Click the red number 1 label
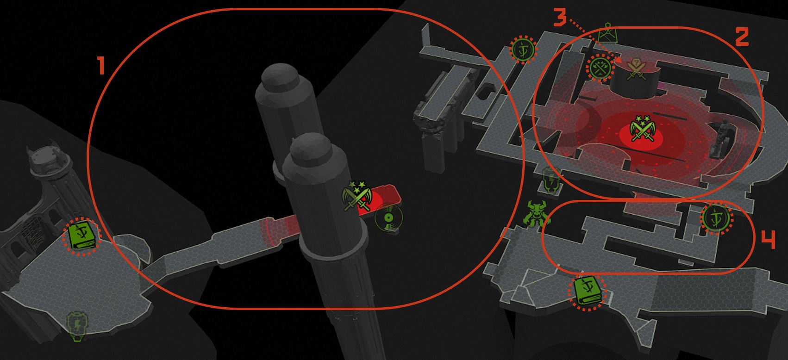pyautogui.click(x=101, y=65)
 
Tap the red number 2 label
pyautogui.click(x=742, y=37)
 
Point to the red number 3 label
pyautogui.click(x=560, y=18)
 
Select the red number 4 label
pyautogui.click(x=768, y=240)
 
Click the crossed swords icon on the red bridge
pyautogui.click(x=357, y=195)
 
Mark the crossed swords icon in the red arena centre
pyautogui.click(x=643, y=128)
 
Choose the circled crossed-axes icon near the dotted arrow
pyautogui.click(x=600, y=68)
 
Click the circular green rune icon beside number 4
pyautogui.click(x=717, y=219)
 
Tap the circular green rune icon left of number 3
pyautogui.click(x=524, y=50)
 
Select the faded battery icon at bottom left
pyautogui.click(x=77, y=326)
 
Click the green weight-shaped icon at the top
pyautogui.click(x=608, y=33)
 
